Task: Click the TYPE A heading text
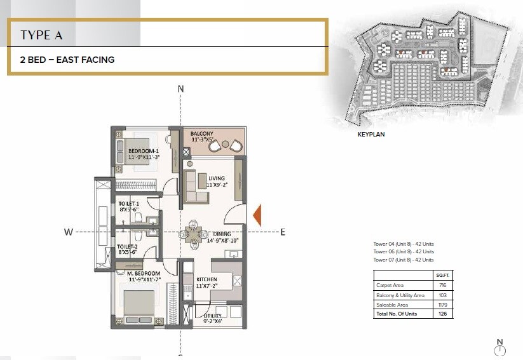point(41,35)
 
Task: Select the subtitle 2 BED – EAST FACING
point(67,60)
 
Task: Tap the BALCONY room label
point(202,133)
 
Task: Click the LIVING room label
point(217,178)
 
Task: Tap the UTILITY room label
point(214,316)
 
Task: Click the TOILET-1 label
point(129,205)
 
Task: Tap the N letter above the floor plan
point(180,89)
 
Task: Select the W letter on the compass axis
point(68,232)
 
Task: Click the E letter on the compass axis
point(282,232)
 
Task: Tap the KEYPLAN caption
point(372,135)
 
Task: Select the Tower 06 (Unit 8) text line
point(404,252)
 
